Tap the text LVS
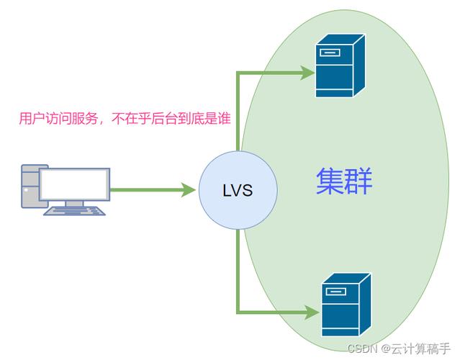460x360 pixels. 238,191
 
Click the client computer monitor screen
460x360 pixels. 75,184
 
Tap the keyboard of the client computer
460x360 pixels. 76,210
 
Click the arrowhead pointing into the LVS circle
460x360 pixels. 189,191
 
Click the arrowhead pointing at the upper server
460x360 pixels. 307,71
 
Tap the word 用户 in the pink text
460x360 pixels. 30,119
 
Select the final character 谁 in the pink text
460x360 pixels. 223,119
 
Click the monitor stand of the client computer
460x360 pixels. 75,204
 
